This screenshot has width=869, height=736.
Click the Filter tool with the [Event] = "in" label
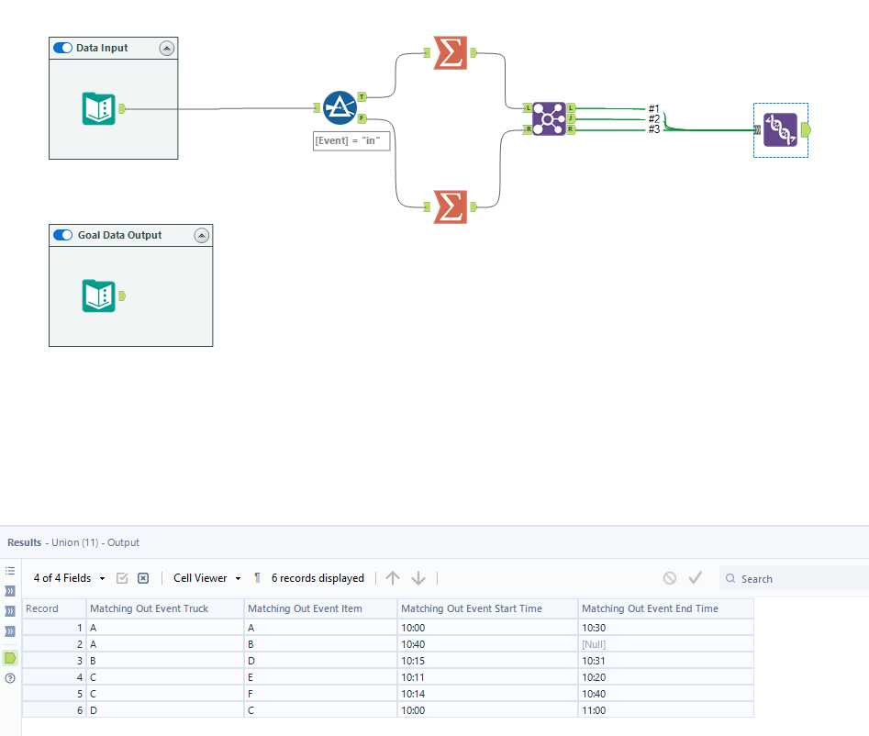[x=340, y=109]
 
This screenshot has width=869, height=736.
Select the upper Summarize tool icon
[x=450, y=53]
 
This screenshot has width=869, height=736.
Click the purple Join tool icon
[x=549, y=119]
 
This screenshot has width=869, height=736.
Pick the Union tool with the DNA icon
[x=780, y=129]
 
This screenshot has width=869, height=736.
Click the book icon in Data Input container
[x=98, y=109]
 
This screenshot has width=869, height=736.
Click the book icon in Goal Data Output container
[x=98, y=296]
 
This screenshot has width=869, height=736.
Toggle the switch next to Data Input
[x=63, y=48]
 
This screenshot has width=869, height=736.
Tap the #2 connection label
[x=654, y=118]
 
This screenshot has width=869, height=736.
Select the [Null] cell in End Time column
[x=594, y=644]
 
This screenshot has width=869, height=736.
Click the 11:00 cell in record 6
[x=594, y=710]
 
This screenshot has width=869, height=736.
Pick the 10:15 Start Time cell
[x=413, y=661]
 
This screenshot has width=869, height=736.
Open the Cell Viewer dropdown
[x=207, y=578]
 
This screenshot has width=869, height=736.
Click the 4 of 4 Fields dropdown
[x=70, y=578]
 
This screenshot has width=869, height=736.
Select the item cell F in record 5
[x=251, y=694]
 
